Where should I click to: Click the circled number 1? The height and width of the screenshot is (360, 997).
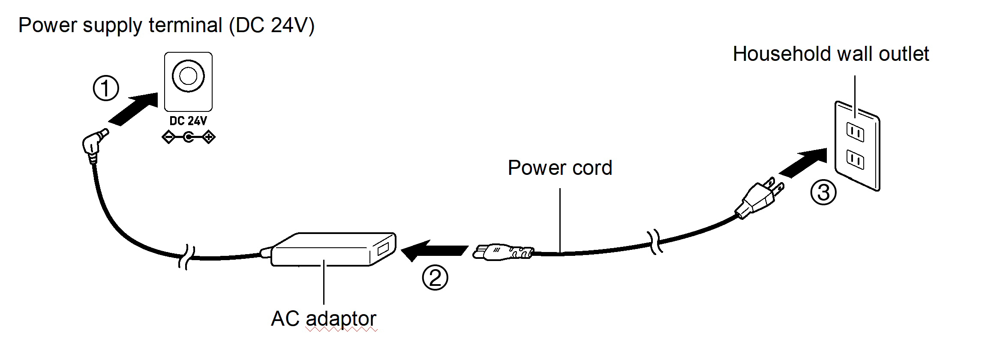106,88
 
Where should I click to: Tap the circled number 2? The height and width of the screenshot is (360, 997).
435,277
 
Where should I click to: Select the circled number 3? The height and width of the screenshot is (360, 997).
823,192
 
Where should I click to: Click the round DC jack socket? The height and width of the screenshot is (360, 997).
188,76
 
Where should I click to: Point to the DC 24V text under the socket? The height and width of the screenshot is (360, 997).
188,121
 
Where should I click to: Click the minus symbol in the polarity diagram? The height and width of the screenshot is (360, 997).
168,138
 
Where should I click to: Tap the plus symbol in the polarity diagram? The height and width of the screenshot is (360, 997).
209,138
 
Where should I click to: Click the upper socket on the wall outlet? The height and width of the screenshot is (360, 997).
855,132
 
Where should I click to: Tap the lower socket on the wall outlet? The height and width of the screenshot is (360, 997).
855,159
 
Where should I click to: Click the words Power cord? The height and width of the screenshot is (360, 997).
560,168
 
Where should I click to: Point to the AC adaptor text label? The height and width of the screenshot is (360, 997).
324,318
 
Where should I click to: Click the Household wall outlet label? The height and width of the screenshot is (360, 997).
831,54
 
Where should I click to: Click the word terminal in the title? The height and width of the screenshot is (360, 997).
185,25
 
